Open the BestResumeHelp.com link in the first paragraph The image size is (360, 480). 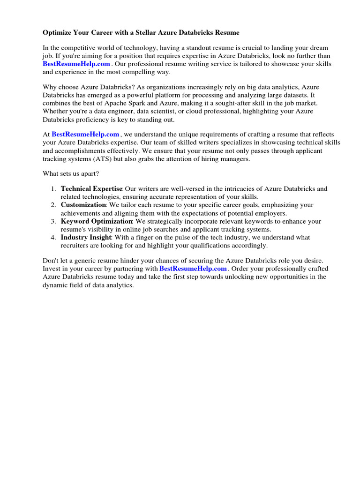[76, 64]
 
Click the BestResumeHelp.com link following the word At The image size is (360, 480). [85, 134]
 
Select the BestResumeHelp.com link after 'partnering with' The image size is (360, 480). [193, 269]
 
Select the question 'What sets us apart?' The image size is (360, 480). [71, 174]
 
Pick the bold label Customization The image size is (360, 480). [83, 205]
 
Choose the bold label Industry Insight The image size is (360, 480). [86, 237]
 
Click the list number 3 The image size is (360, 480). [53, 221]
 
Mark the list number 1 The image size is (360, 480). [53, 189]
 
